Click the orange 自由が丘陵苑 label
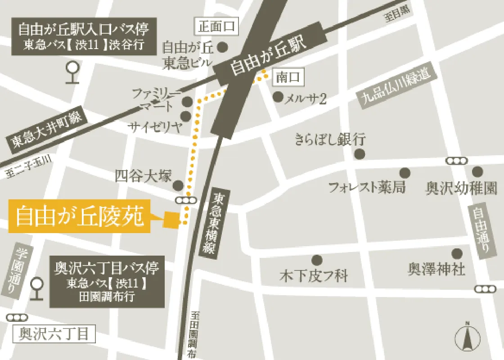pyautogui.click(x=79, y=216)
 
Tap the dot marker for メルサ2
pyautogui.click(x=278, y=96)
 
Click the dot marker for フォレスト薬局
pyautogui.click(x=405, y=172)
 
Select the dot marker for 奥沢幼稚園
pyautogui.click(x=477, y=171)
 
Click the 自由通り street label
pyautogui.click(x=479, y=231)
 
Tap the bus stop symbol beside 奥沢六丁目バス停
pyautogui.click(x=36, y=288)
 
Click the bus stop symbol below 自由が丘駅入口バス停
pyautogui.click(x=72, y=72)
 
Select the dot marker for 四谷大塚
pyautogui.click(x=179, y=185)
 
